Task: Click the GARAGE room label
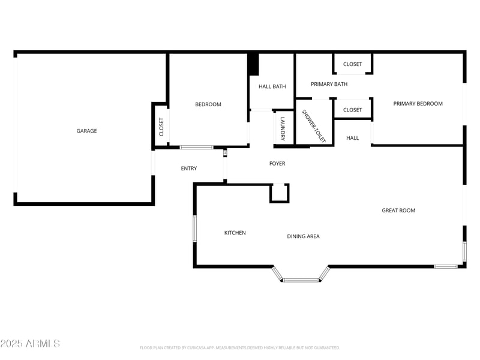[86, 131]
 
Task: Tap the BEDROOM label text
[208, 104]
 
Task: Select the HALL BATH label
[272, 86]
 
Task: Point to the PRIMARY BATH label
[329, 84]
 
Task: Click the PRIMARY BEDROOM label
[418, 104]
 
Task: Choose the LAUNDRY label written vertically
[283, 127]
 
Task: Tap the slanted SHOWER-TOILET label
[313, 126]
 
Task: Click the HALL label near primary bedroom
[352, 138]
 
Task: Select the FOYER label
[277, 163]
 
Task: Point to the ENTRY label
[188, 169]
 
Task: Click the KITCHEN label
[235, 233]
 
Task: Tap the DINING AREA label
[303, 236]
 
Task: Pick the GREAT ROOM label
[398, 211]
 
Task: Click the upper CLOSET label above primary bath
[352, 64]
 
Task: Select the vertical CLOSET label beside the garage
[161, 127]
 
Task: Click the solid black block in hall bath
[253, 64]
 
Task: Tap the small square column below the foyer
[279, 193]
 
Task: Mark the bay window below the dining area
[301, 279]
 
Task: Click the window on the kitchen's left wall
[194, 228]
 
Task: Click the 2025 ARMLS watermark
[30, 343]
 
